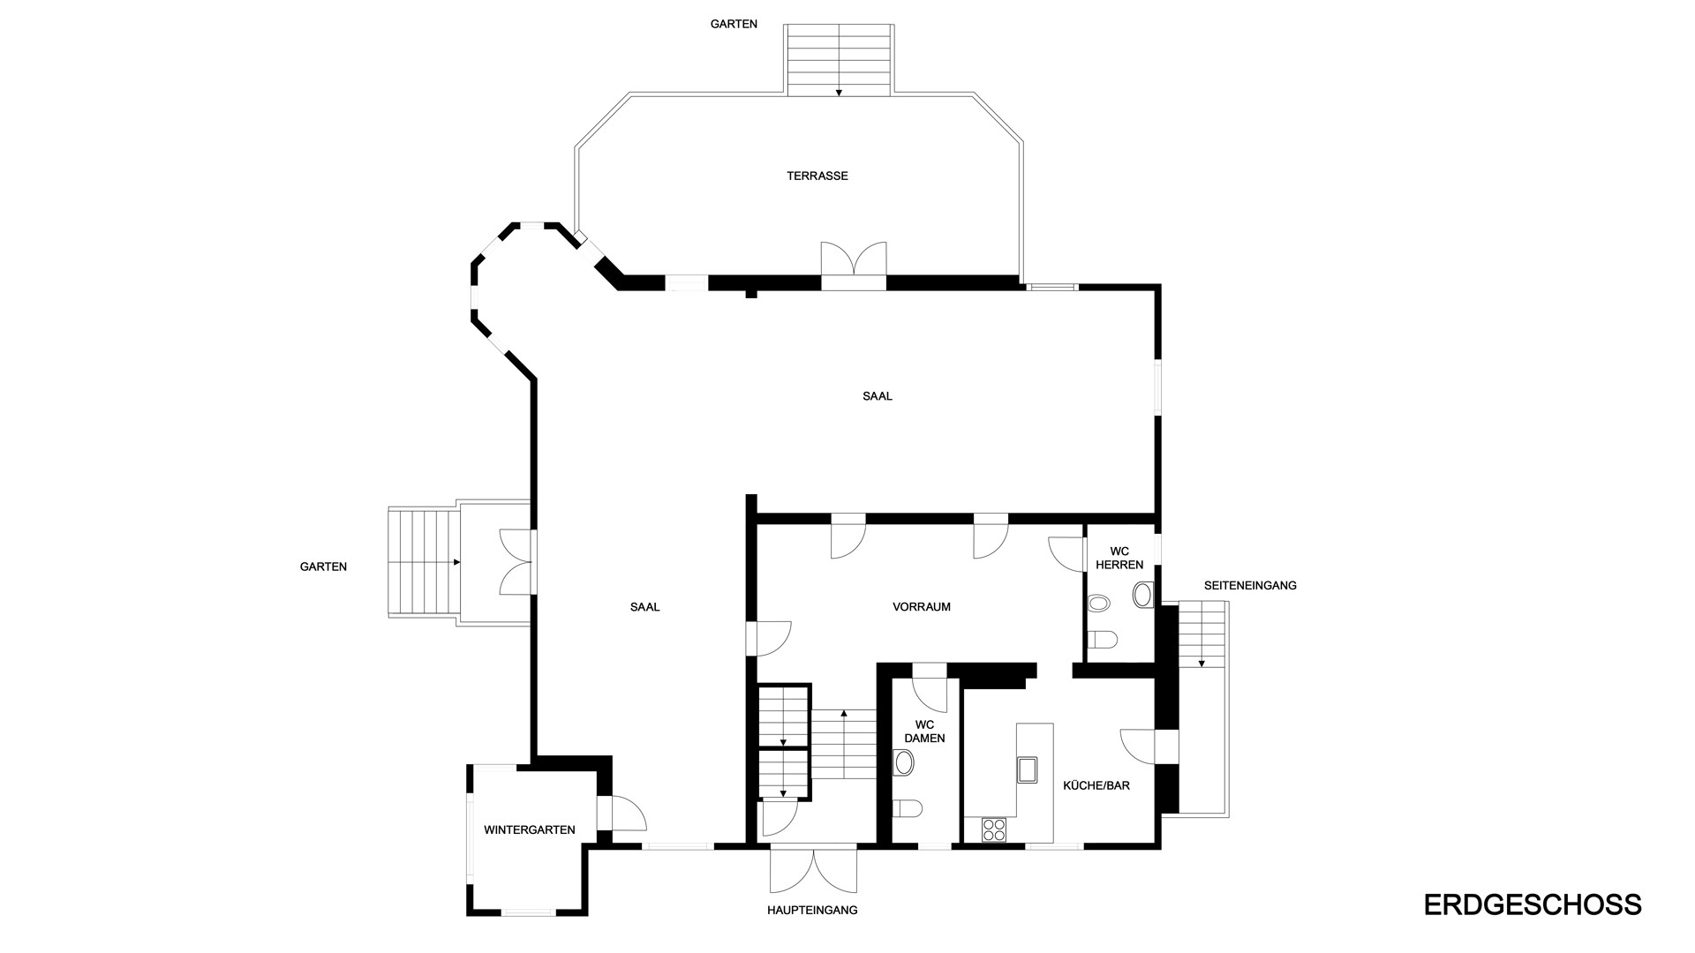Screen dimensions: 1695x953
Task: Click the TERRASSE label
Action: (x=817, y=176)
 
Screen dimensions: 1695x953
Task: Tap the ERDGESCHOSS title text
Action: (x=1533, y=904)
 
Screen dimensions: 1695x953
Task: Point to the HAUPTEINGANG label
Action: (x=812, y=910)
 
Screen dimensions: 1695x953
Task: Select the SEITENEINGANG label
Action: (x=1250, y=585)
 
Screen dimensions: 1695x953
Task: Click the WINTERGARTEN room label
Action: (x=530, y=829)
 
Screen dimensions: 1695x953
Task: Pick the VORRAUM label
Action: (x=922, y=607)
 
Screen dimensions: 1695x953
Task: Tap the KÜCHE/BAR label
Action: (x=1096, y=785)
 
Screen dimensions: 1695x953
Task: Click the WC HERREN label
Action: (x=1119, y=559)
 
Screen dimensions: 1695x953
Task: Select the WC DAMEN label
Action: (x=925, y=732)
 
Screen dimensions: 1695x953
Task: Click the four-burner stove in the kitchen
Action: (x=994, y=829)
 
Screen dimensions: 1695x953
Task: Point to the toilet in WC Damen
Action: (x=908, y=808)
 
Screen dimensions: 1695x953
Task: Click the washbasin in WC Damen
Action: (x=903, y=762)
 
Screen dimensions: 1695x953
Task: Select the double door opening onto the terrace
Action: (x=853, y=265)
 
